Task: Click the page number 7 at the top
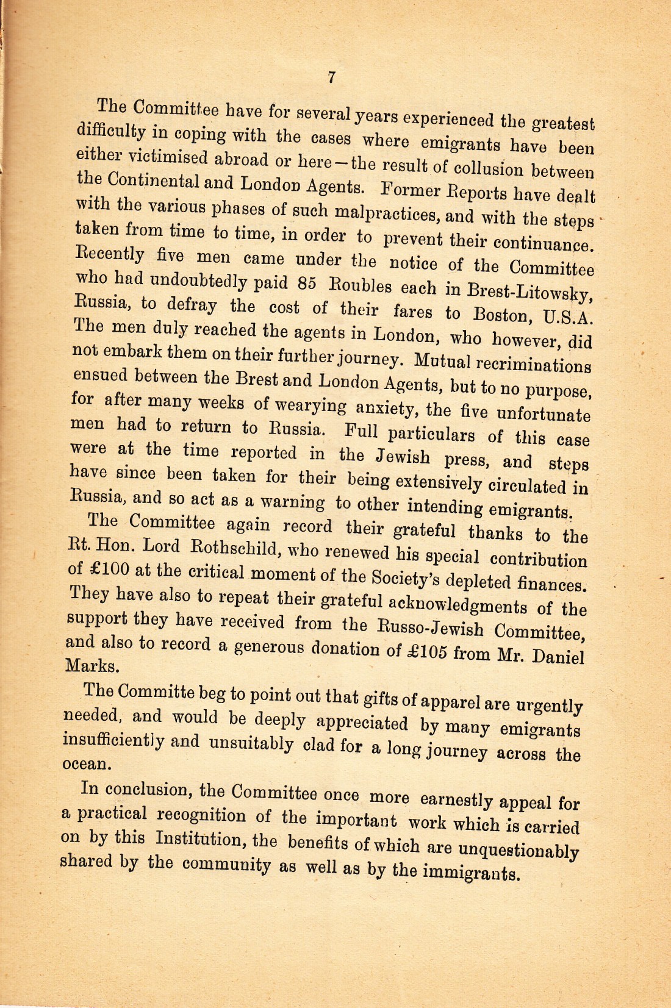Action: tap(331, 77)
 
